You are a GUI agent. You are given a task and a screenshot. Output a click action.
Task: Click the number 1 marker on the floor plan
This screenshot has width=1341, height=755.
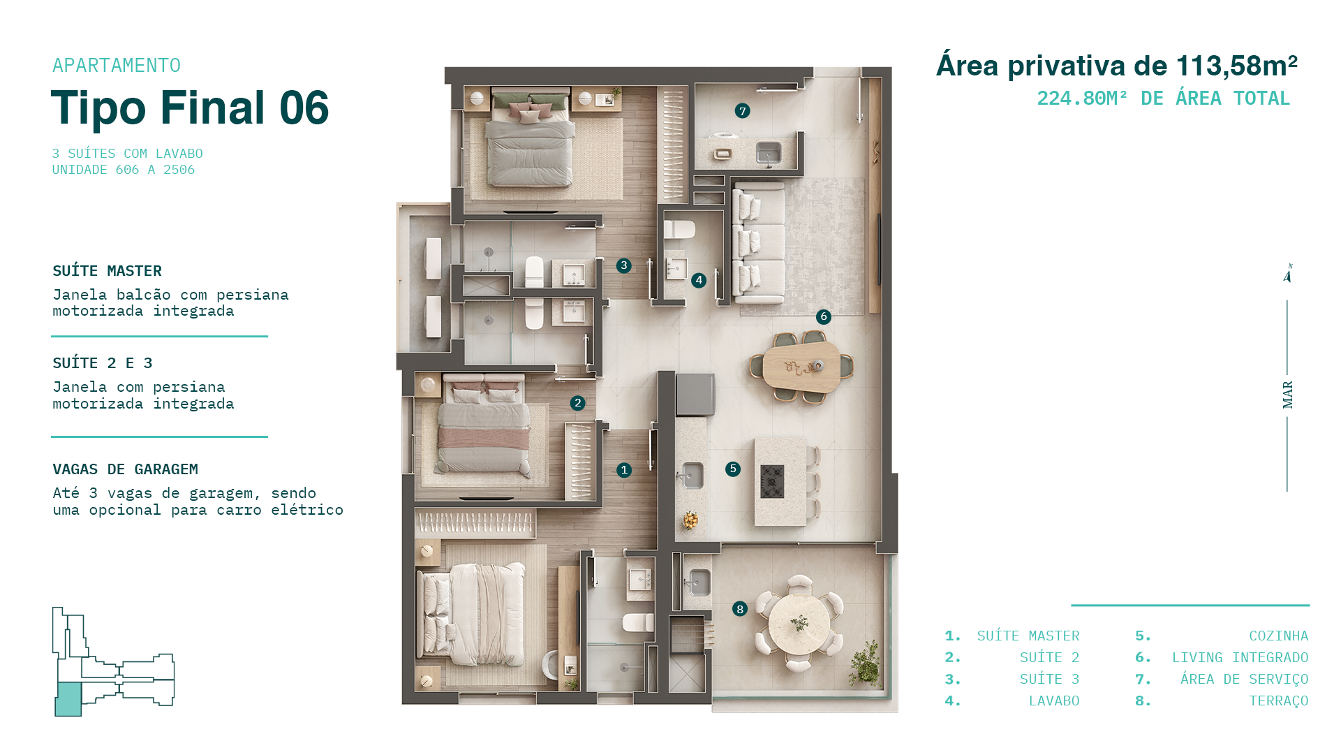tap(624, 470)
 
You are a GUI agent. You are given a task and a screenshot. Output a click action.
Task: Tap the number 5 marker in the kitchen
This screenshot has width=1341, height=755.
tap(732, 469)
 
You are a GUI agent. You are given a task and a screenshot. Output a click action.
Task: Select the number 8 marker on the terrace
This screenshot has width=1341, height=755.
tap(740, 609)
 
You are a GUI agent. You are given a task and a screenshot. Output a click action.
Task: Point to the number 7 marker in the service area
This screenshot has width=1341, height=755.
tap(742, 110)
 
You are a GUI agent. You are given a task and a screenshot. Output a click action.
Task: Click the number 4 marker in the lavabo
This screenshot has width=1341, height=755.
tap(699, 280)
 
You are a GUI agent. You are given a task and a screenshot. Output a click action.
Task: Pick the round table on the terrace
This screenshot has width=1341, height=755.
tap(799, 624)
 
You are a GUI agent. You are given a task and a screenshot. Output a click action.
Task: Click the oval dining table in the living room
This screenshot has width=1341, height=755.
tap(802, 366)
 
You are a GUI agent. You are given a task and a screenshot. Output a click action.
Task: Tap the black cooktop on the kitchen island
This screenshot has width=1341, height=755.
tap(772, 481)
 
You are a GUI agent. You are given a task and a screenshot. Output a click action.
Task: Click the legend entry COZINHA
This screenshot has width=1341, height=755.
tap(1278, 636)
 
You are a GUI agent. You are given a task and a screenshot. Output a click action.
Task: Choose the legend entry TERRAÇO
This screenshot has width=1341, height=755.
tap(1278, 701)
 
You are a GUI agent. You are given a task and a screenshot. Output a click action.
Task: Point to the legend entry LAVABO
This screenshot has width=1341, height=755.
tap(1054, 701)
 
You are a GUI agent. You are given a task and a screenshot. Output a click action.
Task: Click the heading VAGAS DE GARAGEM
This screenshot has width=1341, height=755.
tap(126, 469)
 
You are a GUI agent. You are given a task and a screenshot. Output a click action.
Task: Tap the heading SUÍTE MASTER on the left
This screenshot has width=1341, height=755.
tap(108, 270)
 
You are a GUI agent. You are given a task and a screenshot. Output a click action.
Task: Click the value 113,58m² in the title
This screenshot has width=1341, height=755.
tap(1237, 66)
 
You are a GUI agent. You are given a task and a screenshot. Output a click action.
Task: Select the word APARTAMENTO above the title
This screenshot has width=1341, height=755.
tap(117, 66)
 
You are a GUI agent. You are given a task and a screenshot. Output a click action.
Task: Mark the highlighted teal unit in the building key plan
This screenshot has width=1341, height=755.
tap(68, 699)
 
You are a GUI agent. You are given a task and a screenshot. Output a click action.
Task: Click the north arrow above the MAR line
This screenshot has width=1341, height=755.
tap(1288, 273)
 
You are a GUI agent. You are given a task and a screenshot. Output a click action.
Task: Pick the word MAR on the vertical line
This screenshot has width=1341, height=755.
tap(1288, 395)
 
